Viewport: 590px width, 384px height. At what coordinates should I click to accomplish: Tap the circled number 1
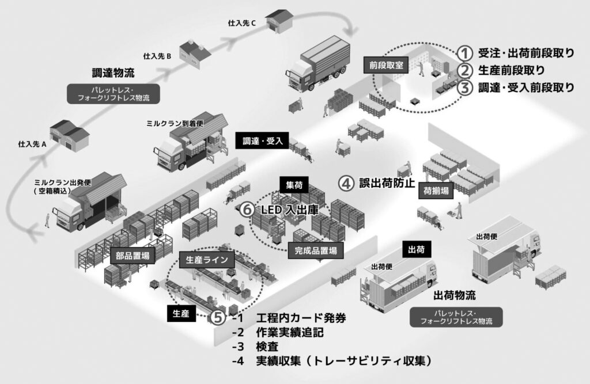click(466, 53)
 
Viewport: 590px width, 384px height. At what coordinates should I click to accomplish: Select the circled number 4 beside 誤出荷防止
click(346, 184)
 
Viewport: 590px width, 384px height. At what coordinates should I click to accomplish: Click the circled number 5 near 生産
click(217, 317)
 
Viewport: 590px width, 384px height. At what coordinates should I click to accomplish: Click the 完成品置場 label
click(315, 250)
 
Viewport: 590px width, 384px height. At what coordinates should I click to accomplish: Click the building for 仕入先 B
click(192, 53)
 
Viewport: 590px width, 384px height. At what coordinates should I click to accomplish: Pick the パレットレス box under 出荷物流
click(455, 317)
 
